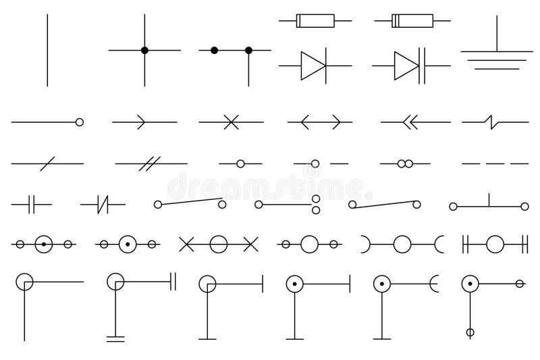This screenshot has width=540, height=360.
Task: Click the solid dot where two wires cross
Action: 144,50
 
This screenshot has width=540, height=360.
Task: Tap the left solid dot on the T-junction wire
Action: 214,50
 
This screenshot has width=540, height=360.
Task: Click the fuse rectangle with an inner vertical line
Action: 412,22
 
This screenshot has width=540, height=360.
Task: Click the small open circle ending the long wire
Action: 80,122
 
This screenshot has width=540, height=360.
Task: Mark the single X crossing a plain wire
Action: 231,122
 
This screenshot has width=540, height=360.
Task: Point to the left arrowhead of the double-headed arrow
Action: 304,122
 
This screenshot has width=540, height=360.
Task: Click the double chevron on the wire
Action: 409,122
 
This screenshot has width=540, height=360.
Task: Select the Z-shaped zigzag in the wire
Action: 491,122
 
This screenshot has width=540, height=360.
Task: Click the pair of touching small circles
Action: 405,163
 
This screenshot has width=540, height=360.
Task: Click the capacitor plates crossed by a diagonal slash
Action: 103,203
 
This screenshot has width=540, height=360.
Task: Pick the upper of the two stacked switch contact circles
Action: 315,198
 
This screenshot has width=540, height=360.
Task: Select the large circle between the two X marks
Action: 218,244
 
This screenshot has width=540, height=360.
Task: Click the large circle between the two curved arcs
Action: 402,244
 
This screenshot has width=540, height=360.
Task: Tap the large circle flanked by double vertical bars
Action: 495,244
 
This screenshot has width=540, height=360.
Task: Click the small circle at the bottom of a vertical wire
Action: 470,332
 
